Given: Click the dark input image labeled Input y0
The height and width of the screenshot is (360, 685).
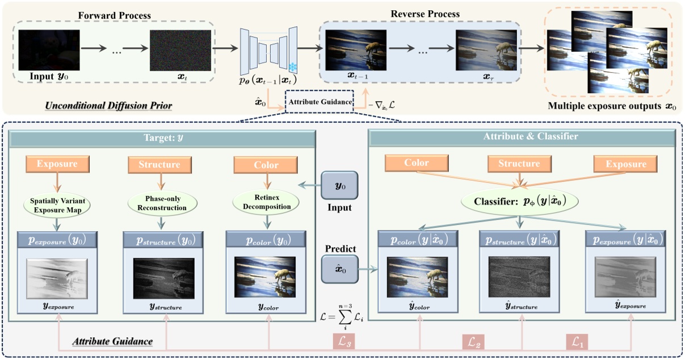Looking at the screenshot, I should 49,50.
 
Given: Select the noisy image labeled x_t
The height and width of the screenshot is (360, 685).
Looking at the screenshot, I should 180,50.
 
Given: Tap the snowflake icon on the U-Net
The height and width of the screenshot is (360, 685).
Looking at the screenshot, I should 293,66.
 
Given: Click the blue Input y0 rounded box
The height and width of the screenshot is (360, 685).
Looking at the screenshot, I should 339,186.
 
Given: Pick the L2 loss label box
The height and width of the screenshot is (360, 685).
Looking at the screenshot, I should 473,341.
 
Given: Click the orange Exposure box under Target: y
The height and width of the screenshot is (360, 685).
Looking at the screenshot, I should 57,165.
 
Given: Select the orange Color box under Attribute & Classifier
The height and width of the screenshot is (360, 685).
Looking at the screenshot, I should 417,164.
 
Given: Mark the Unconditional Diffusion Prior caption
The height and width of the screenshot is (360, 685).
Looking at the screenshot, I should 109,106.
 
